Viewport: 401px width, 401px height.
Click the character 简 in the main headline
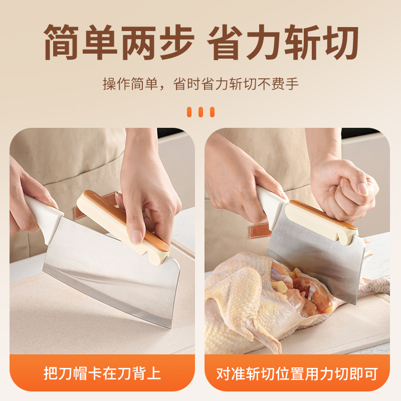pos(61,42)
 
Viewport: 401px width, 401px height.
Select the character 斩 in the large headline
pos(303,42)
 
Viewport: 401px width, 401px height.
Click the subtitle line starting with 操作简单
pos(200,84)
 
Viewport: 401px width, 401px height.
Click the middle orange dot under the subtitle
pos(201,112)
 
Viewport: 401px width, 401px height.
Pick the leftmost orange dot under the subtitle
pos(189,112)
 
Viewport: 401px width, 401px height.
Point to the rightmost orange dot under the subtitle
pos(212,112)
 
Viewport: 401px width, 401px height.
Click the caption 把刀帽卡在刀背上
pos(102,373)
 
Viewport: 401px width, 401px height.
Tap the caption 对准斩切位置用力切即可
pos(297,374)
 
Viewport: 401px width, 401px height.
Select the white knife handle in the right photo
pos(271,205)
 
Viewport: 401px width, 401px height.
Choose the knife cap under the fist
pos(321,221)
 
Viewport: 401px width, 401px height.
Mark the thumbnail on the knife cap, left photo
pos(136,237)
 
